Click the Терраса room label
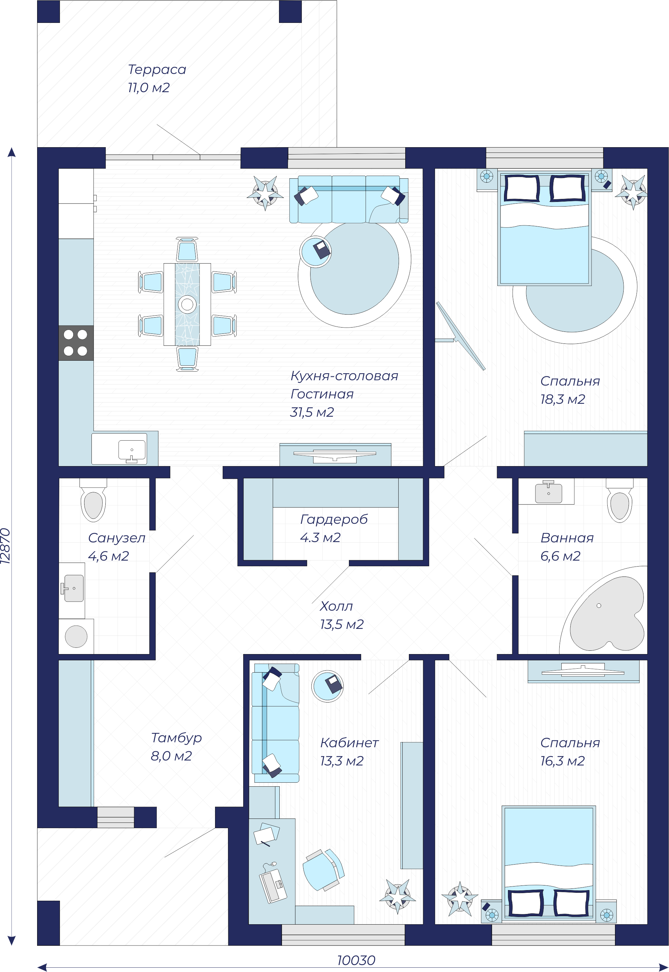(157, 69)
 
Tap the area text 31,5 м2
(312, 412)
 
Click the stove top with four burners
(76, 342)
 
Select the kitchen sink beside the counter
(132, 451)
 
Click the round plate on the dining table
(187, 304)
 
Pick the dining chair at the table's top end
(187, 250)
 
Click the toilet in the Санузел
(93, 500)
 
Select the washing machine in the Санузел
(76, 636)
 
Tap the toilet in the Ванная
(620, 500)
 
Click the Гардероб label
(334, 519)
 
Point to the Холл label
(336, 606)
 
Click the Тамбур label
(177, 738)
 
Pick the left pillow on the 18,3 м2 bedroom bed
(522, 188)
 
